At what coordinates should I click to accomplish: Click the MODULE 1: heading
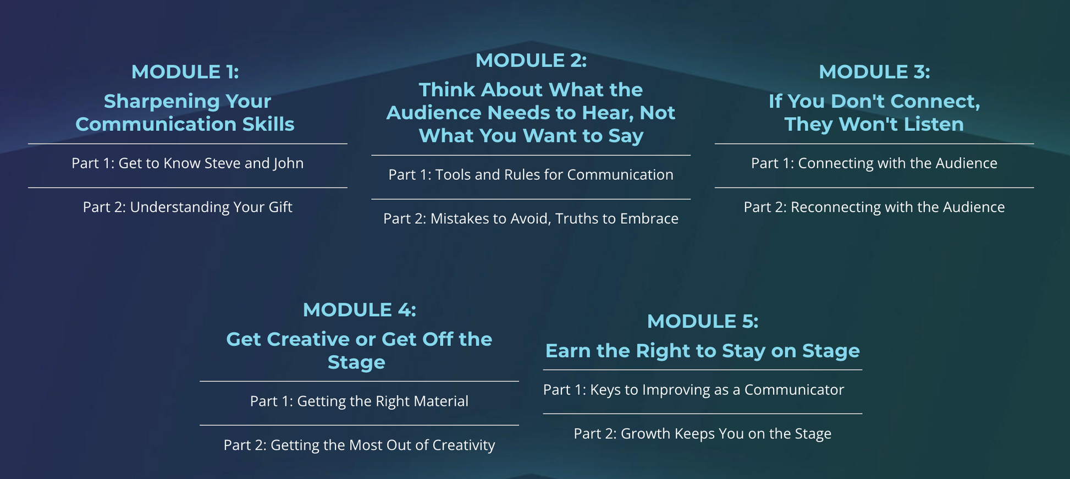point(185,72)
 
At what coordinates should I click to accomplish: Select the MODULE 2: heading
point(531,60)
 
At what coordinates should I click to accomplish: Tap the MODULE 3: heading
point(874,72)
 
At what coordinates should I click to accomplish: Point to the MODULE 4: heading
point(359,310)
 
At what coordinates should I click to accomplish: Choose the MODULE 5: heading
point(702,322)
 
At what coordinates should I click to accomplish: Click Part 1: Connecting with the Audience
point(874,163)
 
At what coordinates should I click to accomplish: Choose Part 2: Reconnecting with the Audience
point(874,207)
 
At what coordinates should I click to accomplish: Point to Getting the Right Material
point(383,401)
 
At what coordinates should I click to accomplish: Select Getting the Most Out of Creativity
point(383,445)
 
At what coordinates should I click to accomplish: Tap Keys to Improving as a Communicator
point(717,390)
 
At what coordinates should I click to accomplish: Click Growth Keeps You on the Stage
point(726,434)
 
